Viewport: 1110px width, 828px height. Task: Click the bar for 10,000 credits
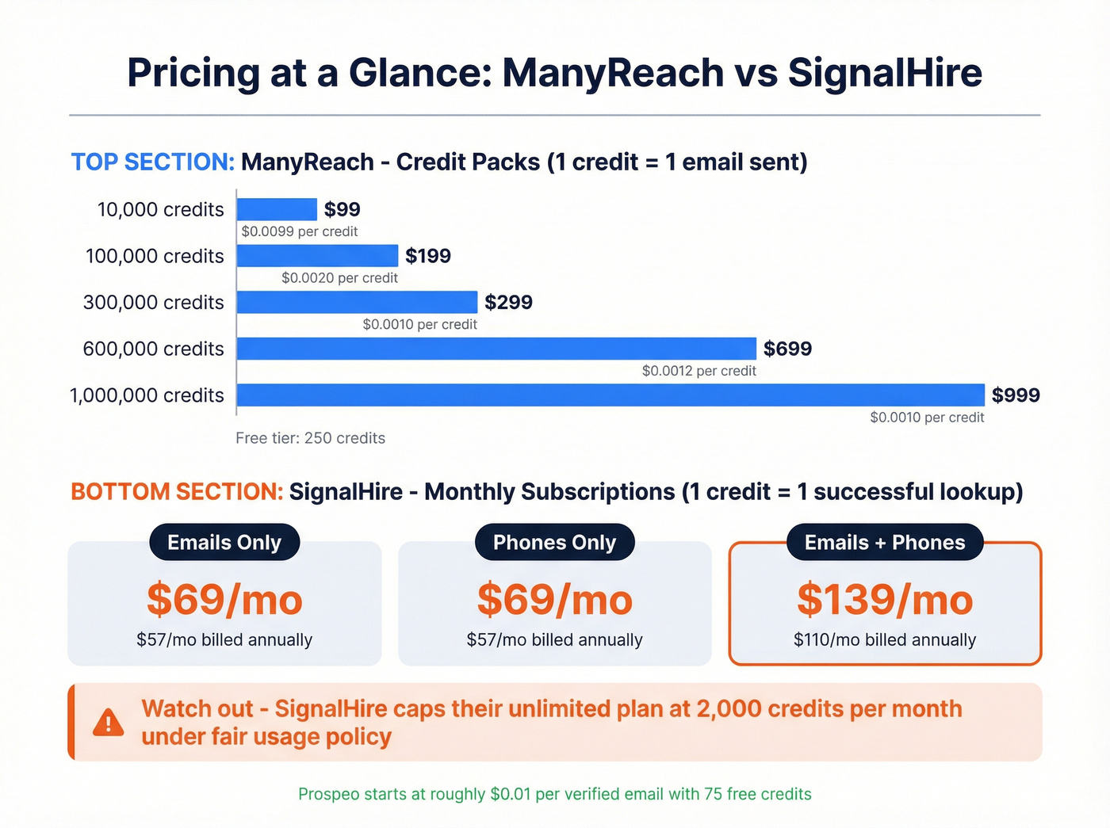277,209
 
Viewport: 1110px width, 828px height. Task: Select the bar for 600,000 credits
496,349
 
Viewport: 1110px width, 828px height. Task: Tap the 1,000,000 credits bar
610,395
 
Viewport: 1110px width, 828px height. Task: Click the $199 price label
428,256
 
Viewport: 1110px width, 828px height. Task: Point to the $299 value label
508,303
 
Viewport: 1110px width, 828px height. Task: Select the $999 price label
1016,395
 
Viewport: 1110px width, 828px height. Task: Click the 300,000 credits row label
154,303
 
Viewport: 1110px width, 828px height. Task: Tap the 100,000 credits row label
155,256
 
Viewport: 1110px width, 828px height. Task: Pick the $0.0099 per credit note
300,231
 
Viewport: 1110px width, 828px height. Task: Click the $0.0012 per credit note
699,371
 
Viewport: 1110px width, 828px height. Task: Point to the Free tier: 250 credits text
310,438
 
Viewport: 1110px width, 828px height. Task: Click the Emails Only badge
224,543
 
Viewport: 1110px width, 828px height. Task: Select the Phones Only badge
554,543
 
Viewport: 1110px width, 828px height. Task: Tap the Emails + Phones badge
885,543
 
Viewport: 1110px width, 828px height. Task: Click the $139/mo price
885,600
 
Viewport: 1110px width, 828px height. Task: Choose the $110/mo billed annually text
885,640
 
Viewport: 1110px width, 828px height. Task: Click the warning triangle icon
108,723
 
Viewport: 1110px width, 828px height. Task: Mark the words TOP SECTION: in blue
153,162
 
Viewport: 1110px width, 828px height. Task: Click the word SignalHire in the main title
885,73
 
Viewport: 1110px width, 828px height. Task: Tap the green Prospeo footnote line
555,794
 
